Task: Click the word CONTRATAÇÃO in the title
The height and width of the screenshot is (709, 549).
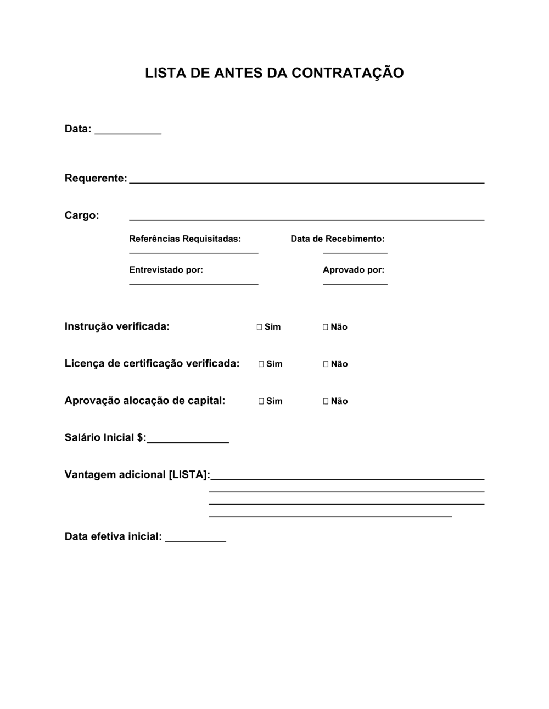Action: tap(348, 73)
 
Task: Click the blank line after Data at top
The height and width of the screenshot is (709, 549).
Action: tap(128, 132)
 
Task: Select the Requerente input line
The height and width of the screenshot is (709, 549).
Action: tap(306, 181)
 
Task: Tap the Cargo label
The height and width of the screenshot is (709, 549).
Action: tap(82, 215)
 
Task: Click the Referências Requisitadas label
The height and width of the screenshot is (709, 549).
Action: tap(185, 239)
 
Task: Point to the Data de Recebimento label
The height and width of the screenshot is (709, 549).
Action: tap(338, 239)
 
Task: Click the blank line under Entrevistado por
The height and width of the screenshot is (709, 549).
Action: tap(193, 283)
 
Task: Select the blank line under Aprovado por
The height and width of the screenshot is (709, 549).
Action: tap(355, 283)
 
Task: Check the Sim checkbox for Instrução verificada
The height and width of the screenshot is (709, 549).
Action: tap(259, 327)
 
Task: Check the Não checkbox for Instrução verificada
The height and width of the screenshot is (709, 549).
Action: tap(326, 327)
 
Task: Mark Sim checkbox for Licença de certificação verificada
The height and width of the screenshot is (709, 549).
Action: tap(261, 364)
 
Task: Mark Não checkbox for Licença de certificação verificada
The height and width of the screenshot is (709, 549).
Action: tap(326, 364)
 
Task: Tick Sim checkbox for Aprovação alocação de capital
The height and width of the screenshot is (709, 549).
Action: tap(261, 401)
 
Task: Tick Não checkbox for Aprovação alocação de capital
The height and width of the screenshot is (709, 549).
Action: tap(326, 401)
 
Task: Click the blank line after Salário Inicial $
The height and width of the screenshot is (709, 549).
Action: tap(188, 441)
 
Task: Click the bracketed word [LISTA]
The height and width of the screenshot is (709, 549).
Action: tap(189, 475)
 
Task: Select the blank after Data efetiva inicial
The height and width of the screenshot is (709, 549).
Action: tap(195, 540)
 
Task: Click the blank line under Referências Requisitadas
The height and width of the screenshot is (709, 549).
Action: tap(193, 252)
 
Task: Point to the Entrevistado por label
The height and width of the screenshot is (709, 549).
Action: tap(166, 270)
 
